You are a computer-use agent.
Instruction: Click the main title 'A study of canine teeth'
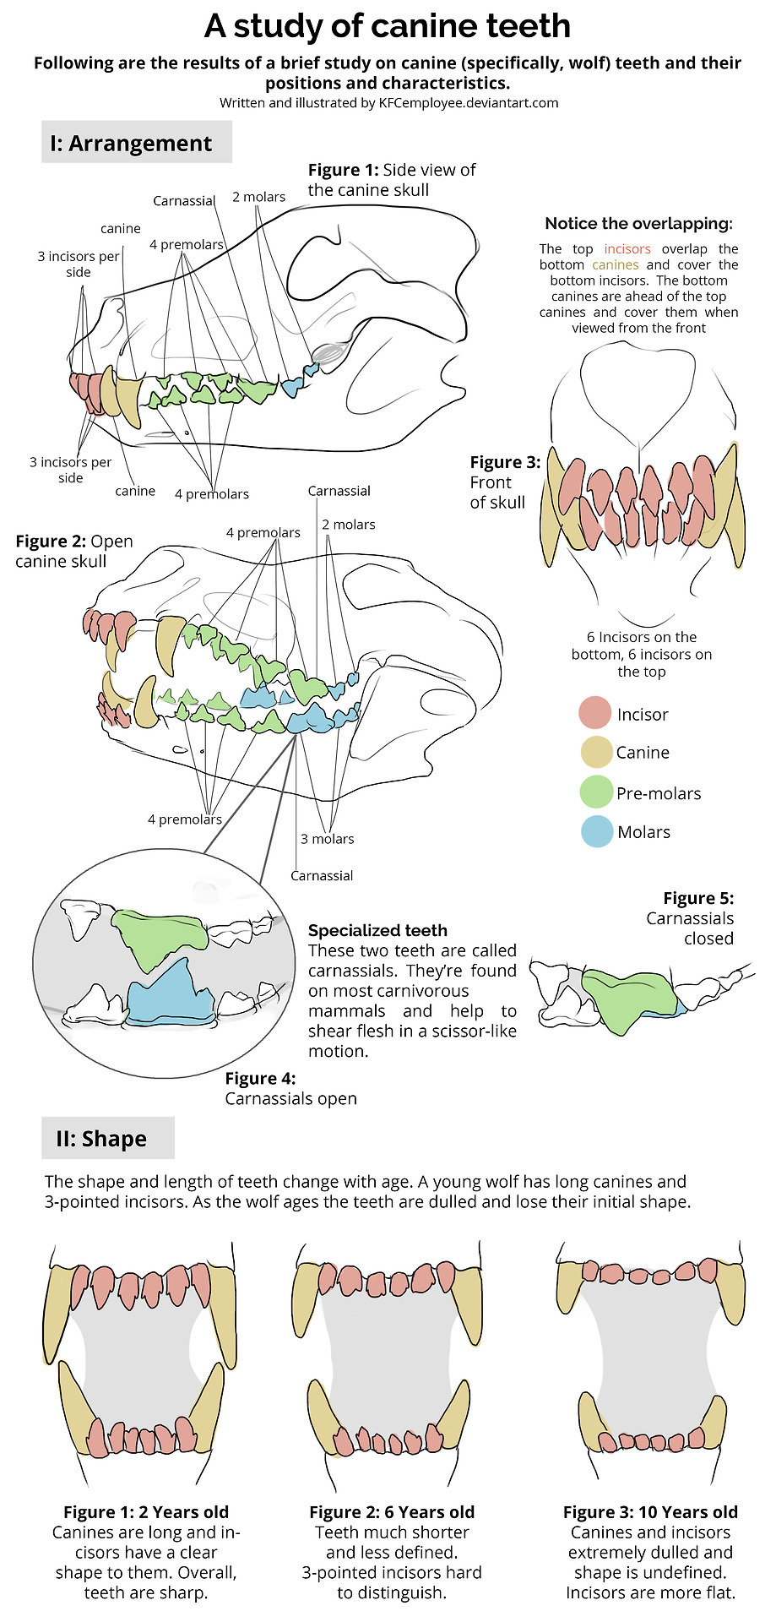388,27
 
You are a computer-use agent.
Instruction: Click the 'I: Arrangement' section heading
131,144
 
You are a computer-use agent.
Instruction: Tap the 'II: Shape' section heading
101,1139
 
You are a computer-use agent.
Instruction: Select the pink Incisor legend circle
594,713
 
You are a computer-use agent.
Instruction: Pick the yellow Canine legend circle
594,752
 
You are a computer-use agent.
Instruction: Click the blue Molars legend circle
596,831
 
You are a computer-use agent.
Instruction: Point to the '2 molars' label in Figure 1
258,197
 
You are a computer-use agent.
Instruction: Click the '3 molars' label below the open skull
328,839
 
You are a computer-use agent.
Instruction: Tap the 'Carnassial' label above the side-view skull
184,201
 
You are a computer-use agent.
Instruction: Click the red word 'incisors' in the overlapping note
627,249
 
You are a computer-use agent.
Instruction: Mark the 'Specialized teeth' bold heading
377,930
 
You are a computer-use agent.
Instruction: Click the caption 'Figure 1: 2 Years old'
146,1511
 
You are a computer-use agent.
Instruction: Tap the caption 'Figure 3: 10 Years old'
650,1511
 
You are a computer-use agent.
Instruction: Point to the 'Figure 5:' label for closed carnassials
698,898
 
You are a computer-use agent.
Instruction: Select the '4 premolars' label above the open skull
263,532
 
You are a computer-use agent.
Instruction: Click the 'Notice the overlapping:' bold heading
638,224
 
